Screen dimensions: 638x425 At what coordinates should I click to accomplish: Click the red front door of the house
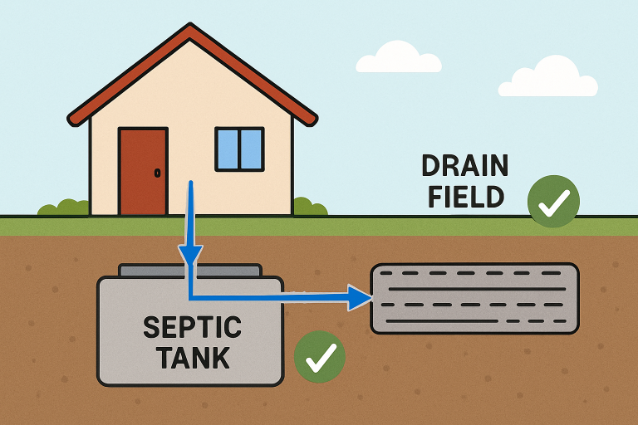[143, 171]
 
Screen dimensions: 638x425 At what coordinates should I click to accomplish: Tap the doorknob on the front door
[158, 173]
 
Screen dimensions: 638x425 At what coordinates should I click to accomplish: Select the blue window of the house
[239, 149]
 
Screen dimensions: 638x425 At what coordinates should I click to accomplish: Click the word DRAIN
[465, 165]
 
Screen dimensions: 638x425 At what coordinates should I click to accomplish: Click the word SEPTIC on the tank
[193, 327]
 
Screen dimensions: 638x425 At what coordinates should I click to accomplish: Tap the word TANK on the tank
[193, 358]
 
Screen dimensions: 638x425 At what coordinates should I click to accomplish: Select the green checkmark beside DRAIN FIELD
[553, 201]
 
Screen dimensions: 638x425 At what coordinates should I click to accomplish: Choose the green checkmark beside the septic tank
[320, 357]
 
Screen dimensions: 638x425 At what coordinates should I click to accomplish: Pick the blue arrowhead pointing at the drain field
[360, 298]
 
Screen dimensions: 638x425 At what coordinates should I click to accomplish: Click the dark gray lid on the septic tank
[190, 271]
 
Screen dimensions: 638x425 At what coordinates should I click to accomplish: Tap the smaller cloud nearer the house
[399, 57]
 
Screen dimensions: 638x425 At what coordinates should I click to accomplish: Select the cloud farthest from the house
[548, 77]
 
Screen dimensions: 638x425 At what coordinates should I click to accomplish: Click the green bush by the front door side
[63, 208]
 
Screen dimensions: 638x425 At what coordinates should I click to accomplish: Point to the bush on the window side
[311, 207]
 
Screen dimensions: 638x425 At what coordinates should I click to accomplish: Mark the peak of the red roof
[190, 24]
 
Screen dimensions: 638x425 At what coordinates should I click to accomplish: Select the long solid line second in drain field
[478, 289]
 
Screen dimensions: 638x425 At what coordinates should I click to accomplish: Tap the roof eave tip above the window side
[314, 121]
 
